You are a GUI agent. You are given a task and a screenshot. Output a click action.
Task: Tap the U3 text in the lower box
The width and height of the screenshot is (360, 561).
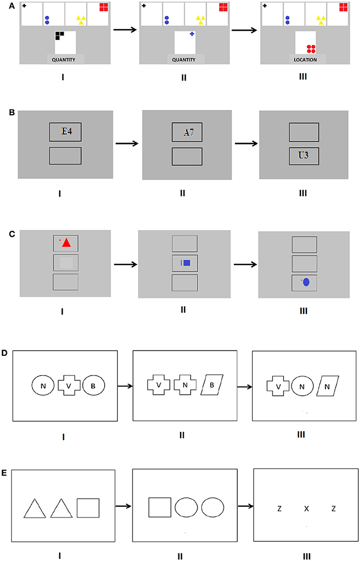[x=304, y=156]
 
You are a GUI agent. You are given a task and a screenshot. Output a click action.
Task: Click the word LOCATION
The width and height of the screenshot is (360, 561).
[x=305, y=60]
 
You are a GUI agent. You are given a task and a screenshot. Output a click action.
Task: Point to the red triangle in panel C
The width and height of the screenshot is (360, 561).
[x=67, y=243]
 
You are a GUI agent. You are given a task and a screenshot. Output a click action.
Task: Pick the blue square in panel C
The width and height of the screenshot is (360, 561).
[x=186, y=262]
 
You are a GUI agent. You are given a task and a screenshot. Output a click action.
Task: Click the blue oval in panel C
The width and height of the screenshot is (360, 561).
[x=306, y=283]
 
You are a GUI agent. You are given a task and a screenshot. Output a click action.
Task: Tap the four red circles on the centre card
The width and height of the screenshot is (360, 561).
[x=311, y=49]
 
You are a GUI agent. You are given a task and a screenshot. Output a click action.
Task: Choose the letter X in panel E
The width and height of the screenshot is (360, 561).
[x=306, y=509]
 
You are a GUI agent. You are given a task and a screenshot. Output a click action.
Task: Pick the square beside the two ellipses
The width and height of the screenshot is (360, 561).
[x=160, y=508]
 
